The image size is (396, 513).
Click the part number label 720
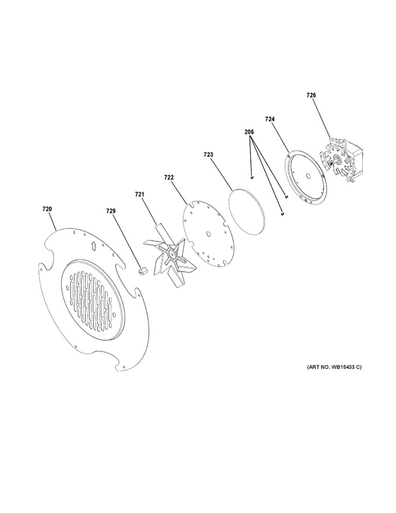point(47,209)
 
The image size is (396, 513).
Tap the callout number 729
point(111,212)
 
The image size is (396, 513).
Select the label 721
point(139,194)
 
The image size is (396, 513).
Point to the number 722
point(169,178)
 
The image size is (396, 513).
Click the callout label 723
point(208,154)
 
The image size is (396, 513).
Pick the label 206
point(249,132)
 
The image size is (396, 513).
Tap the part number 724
point(270,120)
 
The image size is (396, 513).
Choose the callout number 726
point(311,95)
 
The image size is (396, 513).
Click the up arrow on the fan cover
point(93,245)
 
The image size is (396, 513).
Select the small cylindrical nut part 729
point(142,271)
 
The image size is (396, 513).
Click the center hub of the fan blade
point(171,254)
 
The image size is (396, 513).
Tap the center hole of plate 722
point(208,233)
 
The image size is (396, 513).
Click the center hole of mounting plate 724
point(307,175)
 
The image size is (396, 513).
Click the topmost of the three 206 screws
point(252,178)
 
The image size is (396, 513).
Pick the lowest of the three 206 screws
point(282,214)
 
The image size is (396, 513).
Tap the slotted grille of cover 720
point(91,300)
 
